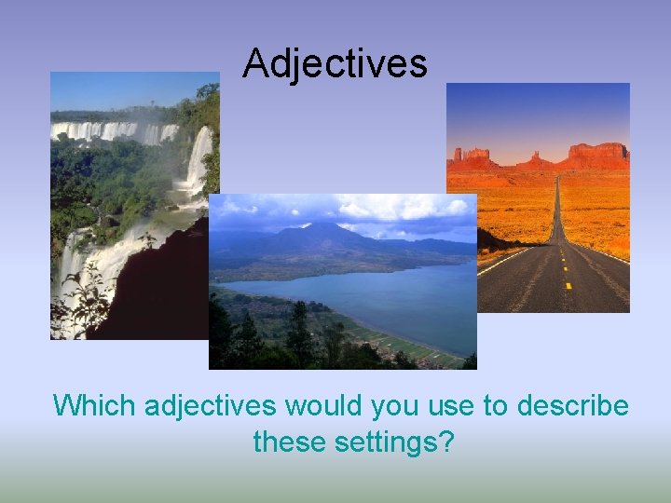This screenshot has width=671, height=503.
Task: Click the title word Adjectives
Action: click(x=335, y=63)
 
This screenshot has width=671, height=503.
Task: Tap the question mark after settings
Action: click(x=445, y=442)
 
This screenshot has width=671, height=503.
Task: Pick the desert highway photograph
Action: click(x=538, y=197)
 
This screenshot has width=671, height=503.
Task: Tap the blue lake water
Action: click(x=391, y=298)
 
